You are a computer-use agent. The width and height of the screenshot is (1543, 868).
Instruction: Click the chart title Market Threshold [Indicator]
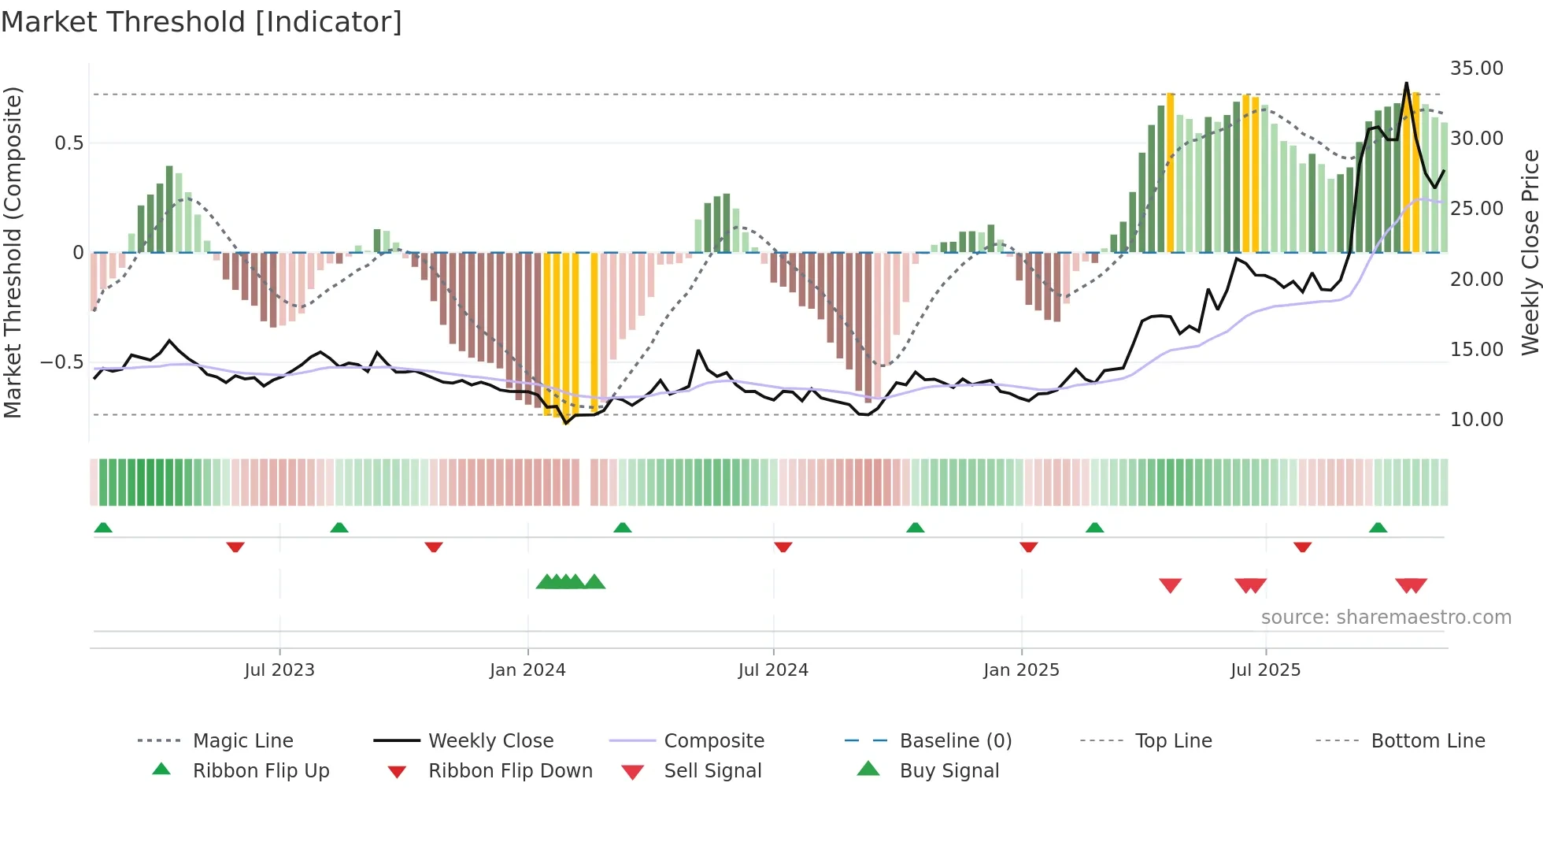point(202,22)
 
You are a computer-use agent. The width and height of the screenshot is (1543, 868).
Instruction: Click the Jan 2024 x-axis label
point(527,670)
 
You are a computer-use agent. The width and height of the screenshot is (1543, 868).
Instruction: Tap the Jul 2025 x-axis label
point(1265,670)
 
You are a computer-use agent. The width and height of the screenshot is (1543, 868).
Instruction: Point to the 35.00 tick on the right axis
point(1476,69)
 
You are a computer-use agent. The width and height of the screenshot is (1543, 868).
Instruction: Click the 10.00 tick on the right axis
point(1476,420)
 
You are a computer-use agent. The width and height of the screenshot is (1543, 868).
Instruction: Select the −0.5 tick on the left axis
point(61,362)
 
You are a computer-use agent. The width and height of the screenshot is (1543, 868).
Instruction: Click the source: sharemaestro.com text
point(1386,618)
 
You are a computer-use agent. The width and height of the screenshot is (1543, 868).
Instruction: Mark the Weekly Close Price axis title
point(1530,252)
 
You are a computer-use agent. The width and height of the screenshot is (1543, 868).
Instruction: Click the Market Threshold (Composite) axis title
point(13,252)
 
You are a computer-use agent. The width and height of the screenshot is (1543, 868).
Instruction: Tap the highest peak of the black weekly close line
point(1406,83)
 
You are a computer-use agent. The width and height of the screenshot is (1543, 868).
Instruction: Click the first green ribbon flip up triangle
point(103,528)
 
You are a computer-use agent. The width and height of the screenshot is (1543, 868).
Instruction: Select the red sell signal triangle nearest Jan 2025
point(1170,585)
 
